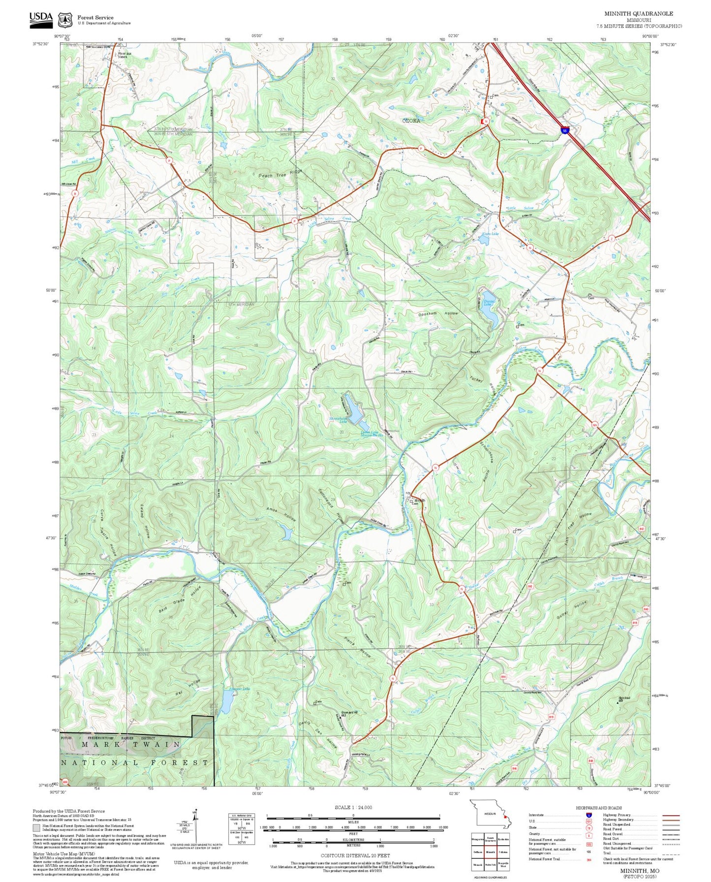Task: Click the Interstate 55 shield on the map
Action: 565,130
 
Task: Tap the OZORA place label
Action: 411,120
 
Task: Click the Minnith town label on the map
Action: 419,500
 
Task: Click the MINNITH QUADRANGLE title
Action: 639,13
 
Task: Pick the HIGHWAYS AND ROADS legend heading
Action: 599,808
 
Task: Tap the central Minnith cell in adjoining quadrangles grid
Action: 490,852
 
